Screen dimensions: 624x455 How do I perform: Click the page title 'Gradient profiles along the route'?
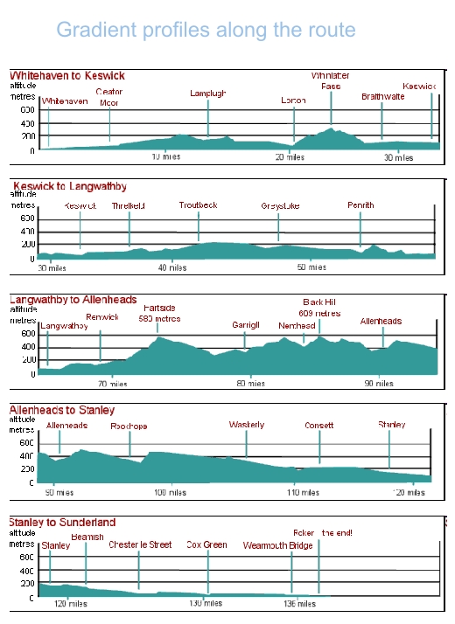pyautogui.click(x=206, y=30)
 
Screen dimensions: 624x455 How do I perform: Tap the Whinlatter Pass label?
pyautogui.click(x=331, y=81)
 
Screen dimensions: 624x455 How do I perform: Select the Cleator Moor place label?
pyautogui.click(x=109, y=96)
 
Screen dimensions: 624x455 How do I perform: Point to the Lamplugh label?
pyautogui.click(x=207, y=94)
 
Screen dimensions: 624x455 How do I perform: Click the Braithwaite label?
pyautogui.click(x=382, y=97)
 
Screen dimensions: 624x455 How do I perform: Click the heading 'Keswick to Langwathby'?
pyautogui.click(x=70, y=186)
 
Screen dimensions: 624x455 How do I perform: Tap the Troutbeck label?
pyautogui.click(x=198, y=205)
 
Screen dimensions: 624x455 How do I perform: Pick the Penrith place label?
pyautogui.click(x=360, y=205)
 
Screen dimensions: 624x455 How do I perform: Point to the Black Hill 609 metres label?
pyautogui.click(x=318, y=307)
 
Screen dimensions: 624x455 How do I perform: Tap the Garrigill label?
pyautogui.click(x=246, y=324)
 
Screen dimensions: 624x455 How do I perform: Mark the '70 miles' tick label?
pyautogui.click(x=112, y=384)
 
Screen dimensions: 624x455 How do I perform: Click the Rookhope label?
pyautogui.click(x=129, y=426)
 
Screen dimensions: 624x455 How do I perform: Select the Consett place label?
pyautogui.click(x=318, y=426)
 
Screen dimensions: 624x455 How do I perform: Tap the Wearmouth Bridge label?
pyautogui.click(x=277, y=544)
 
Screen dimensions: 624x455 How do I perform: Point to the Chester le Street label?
pyautogui.click(x=140, y=544)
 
